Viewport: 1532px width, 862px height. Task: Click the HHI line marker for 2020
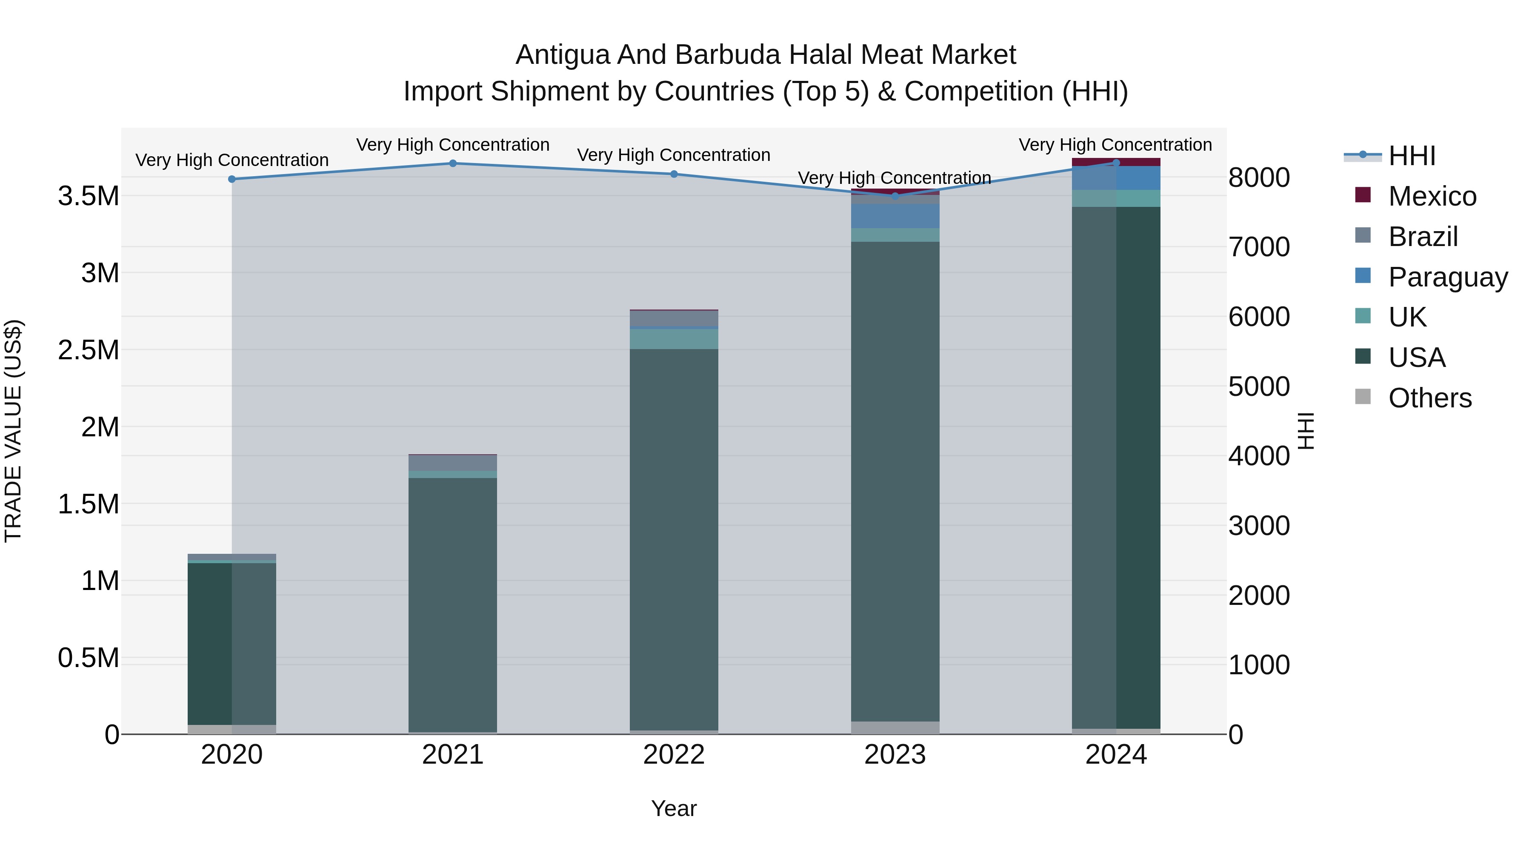(x=232, y=179)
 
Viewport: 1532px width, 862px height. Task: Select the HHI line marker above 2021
(x=453, y=163)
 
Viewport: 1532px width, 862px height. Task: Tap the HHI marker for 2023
(x=895, y=196)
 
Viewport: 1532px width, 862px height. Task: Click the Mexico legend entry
(x=1432, y=196)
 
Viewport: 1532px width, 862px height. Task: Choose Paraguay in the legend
(x=1448, y=277)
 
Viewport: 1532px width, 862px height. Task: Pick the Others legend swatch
(x=1363, y=397)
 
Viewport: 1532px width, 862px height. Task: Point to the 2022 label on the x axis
(x=674, y=755)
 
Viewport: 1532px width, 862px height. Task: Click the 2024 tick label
(x=1116, y=755)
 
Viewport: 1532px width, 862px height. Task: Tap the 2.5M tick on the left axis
(x=89, y=350)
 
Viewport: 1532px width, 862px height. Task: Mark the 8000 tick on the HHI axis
(x=1259, y=178)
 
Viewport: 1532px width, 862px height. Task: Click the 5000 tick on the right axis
(x=1259, y=387)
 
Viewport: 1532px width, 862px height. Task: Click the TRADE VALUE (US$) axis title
(x=13, y=431)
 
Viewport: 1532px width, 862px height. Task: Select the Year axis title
(x=674, y=808)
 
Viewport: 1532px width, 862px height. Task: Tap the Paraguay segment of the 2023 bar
(x=895, y=216)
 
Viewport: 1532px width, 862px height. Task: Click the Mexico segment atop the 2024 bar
(x=1116, y=161)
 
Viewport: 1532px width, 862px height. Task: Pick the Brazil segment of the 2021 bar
(x=453, y=463)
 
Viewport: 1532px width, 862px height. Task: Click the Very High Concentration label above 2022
(x=674, y=155)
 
